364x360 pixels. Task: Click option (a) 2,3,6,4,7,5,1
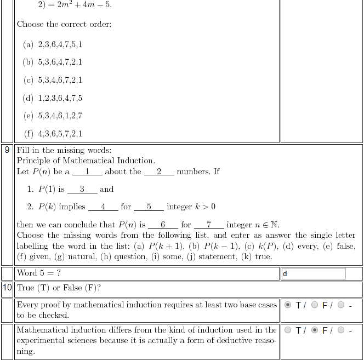click(x=53, y=44)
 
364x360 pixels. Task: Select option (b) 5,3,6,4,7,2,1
click(x=53, y=62)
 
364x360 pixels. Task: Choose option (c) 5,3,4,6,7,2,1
click(x=53, y=80)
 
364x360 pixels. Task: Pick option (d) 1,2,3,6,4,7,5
click(x=53, y=98)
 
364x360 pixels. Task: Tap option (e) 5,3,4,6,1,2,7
click(x=53, y=116)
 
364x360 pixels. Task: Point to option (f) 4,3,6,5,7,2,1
click(x=53, y=133)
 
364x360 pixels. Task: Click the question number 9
click(x=7, y=150)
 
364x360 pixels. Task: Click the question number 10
click(x=7, y=288)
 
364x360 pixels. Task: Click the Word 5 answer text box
click(x=314, y=273)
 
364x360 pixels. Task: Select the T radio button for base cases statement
click(x=288, y=305)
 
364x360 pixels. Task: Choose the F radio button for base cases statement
click(x=315, y=305)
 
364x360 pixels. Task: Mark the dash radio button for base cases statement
click(x=342, y=305)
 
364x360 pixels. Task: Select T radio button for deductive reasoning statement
click(x=288, y=330)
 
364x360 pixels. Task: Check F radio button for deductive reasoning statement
click(x=315, y=330)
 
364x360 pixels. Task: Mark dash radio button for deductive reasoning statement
click(x=342, y=330)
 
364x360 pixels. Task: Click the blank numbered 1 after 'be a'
click(x=87, y=172)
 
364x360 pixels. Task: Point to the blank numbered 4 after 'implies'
click(x=103, y=207)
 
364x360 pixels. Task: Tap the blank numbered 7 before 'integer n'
click(x=209, y=225)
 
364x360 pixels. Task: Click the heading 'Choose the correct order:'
click(x=64, y=24)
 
